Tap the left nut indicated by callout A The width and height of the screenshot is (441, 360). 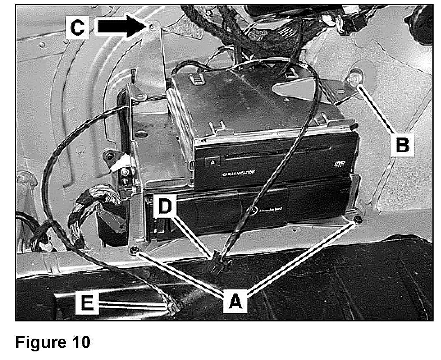(133, 250)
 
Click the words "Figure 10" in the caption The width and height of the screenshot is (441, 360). (53, 342)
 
